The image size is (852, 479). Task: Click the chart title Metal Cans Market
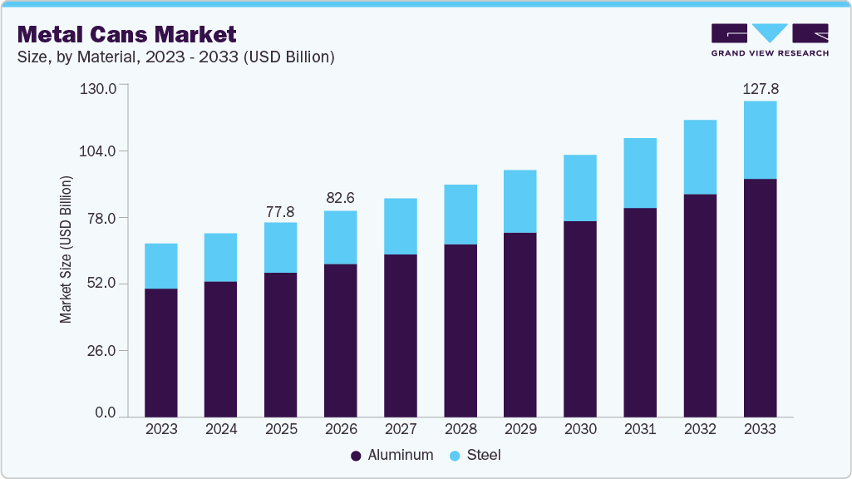(x=127, y=34)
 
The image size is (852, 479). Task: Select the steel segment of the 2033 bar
(x=760, y=140)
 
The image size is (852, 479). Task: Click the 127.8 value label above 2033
(x=760, y=89)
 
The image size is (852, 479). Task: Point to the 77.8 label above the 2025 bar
(x=281, y=212)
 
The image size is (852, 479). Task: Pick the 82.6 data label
(x=341, y=200)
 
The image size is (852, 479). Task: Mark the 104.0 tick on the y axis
(x=98, y=151)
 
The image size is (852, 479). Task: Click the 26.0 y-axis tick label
(x=101, y=350)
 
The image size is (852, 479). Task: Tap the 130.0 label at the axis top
(x=98, y=86)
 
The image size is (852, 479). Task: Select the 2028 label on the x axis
(x=460, y=429)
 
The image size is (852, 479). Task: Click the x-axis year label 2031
(x=640, y=429)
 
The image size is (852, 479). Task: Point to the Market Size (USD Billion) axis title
(x=66, y=249)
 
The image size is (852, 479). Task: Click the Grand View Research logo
(x=770, y=39)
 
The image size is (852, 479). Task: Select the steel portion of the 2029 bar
(x=520, y=201)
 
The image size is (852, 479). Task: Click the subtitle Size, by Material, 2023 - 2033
(x=176, y=57)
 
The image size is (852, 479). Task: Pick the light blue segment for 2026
(x=341, y=237)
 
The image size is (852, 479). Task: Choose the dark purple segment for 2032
(x=700, y=305)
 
